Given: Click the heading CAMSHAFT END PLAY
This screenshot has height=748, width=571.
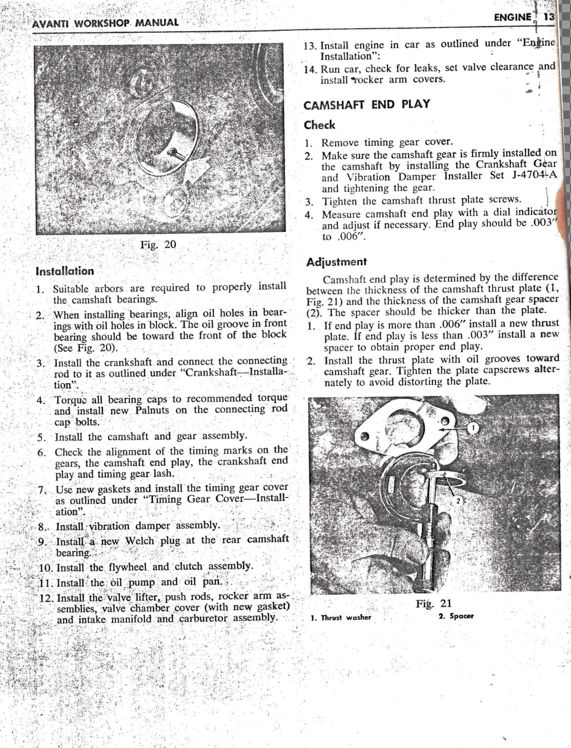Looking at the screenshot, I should [366, 105].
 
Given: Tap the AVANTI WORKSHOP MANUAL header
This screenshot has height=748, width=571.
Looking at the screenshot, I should [105, 23].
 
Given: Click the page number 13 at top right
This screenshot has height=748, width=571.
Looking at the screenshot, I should [549, 16].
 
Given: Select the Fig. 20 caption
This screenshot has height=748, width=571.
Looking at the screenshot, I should [158, 244].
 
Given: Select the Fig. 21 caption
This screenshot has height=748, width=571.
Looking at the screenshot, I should [434, 604].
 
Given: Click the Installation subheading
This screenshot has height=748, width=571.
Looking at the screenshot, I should [65, 271].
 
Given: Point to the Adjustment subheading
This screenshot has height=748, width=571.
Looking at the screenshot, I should [336, 262].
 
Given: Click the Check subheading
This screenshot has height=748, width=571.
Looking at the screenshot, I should [319, 125].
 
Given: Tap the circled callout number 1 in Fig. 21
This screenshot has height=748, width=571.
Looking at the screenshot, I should [474, 427].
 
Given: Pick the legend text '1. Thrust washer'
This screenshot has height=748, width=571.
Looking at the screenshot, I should [341, 617].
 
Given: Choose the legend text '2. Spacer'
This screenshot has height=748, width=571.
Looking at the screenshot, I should [456, 616].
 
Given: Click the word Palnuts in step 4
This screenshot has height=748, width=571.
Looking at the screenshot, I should [157, 410].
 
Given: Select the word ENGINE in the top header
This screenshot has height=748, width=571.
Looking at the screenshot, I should [512, 17].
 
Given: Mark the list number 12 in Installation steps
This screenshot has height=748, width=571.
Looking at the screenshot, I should [47, 598].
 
